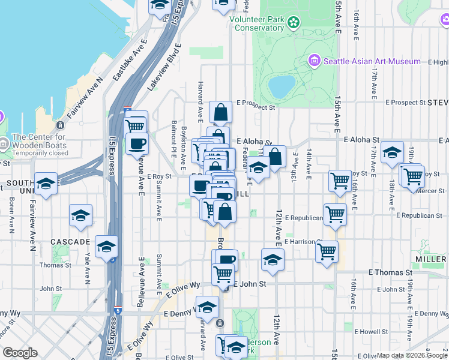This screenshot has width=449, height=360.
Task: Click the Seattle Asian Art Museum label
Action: point(372,61)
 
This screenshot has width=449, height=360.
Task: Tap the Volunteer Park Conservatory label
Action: point(258,23)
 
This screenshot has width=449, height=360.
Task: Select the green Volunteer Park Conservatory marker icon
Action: point(294,23)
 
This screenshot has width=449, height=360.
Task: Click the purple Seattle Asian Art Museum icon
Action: point(314,61)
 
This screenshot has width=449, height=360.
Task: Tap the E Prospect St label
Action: point(255,108)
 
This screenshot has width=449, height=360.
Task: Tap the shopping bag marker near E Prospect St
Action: point(221,112)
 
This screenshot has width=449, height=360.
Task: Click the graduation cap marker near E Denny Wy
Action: point(208,308)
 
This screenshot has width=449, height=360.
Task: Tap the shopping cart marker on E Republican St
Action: point(335,214)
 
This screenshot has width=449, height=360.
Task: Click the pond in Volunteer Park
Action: point(282,86)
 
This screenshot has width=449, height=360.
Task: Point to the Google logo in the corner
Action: point(20,353)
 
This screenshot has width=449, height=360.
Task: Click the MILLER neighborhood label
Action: point(430,259)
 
